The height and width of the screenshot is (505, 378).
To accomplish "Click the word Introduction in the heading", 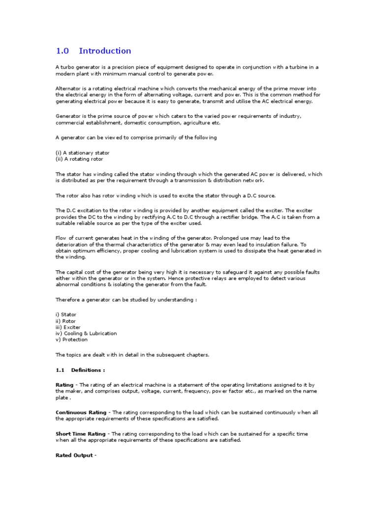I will tap(105, 51).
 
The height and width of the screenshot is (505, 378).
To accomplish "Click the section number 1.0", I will tap(63, 51).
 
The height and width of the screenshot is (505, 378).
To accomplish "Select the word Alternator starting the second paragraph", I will tap(68, 88).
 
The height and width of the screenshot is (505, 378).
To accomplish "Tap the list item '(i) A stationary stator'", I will tap(82, 153).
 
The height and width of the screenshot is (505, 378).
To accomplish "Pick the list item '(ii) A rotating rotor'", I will tap(79, 159).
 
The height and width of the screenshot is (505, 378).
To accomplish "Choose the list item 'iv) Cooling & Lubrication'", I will tap(86, 333).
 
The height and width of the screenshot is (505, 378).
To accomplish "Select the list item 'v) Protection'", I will tap(71, 339).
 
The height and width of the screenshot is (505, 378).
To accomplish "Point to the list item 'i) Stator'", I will tap(66, 315).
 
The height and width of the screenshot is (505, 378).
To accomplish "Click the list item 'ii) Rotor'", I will tap(66, 321).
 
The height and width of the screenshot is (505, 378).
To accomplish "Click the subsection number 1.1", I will tap(60, 370).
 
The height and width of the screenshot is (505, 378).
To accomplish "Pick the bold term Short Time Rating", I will tap(80, 434).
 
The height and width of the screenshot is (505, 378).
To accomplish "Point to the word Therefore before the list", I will tap(68, 300).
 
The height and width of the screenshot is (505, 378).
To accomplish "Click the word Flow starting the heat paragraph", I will tap(61, 238).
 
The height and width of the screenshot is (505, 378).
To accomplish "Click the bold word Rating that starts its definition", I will tap(64, 385).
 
